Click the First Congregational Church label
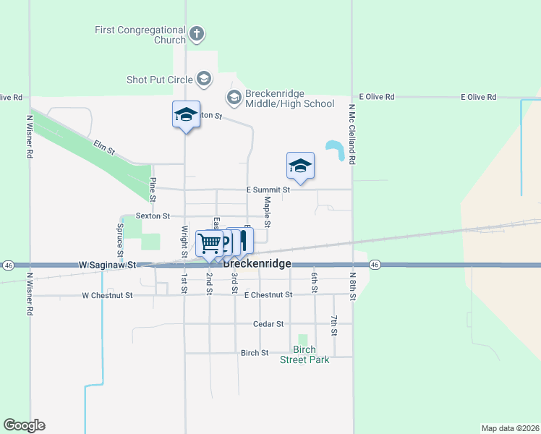tap(140, 35)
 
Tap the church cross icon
tap(196, 33)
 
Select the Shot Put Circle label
tap(159, 79)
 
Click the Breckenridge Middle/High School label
tap(289, 99)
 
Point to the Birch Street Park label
tap(304, 354)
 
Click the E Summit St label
tap(268, 190)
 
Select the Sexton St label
tap(153, 216)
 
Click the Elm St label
tap(104, 149)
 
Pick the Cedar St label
tap(268, 324)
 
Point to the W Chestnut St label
tap(108, 295)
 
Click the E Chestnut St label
tap(268, 295)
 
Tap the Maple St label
tap(267, 210)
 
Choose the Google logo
tap(24, 425)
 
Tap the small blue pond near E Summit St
tap(336, 150)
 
